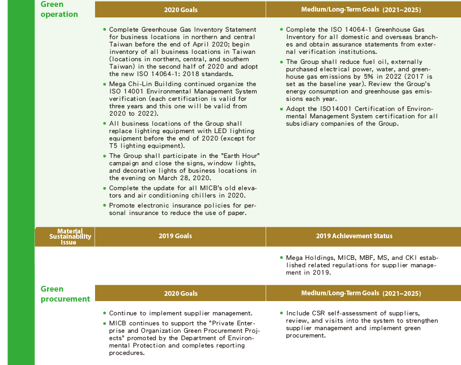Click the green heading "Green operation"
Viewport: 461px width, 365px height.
point(59,9)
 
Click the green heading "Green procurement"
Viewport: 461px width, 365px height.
point(65,294)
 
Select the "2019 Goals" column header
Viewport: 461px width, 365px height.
point(175,236)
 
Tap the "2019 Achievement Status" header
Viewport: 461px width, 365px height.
point(354,236)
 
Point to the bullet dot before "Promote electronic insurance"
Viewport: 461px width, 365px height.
point(105,205)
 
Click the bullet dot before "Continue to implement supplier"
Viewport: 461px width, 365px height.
point(105,313)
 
